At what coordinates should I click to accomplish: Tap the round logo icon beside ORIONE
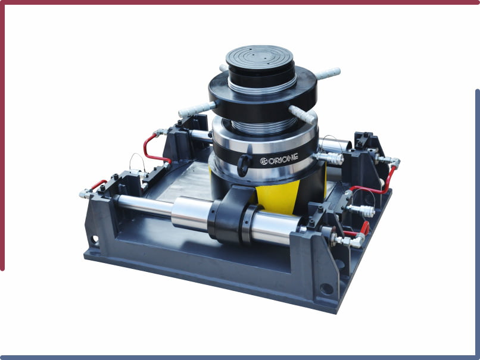point(264,161)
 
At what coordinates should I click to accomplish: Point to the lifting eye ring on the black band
point(245,161)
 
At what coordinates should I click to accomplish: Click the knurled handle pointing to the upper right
point(328,73)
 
